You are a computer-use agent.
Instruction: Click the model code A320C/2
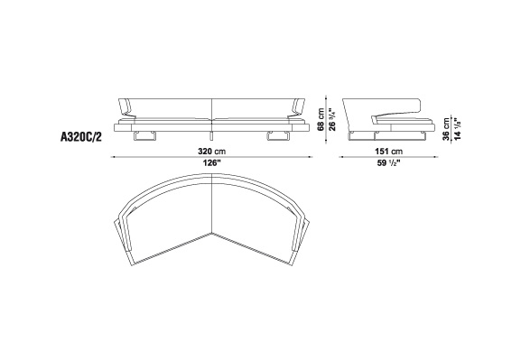80,137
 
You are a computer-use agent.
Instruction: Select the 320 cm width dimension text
211,152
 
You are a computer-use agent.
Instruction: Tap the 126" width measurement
212,163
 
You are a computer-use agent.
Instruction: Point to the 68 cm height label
321,120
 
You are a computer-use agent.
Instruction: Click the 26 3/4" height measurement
331,120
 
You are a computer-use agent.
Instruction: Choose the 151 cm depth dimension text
389,152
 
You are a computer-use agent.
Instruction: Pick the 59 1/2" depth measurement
389,163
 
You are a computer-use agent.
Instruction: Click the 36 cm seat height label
446,129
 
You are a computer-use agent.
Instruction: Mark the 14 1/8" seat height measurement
458,128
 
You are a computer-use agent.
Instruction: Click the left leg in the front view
144,136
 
